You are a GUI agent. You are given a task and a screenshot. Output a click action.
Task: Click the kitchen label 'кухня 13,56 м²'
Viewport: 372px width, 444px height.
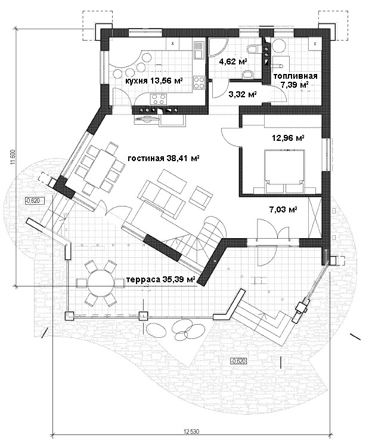pos(154,81)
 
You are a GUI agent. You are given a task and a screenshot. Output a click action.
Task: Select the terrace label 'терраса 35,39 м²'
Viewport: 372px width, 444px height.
pos(161,280)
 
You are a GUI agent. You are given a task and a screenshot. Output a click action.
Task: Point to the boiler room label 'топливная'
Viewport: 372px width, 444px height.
pos(295,76)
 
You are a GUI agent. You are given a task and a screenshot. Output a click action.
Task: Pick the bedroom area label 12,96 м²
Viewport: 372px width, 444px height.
pos(288,138)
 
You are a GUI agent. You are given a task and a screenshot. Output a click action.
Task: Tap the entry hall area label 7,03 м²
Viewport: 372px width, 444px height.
pos(283,209)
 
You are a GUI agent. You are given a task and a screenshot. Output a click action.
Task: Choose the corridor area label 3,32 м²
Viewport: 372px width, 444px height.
pos(243,94)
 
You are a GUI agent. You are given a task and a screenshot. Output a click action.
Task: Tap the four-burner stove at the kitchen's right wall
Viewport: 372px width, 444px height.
pos(199,83)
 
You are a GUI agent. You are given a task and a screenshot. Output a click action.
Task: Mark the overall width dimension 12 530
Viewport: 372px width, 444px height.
pos(191,440)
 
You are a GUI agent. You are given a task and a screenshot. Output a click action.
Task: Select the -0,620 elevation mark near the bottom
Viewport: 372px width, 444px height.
pos(238,361)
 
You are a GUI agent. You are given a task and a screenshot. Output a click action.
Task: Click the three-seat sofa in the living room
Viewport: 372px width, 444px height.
pos(160,198)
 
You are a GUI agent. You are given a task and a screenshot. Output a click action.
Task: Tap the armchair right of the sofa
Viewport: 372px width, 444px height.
pos(200,196)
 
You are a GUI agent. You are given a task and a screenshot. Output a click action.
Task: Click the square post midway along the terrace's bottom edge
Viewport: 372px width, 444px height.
pos(144,316)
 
